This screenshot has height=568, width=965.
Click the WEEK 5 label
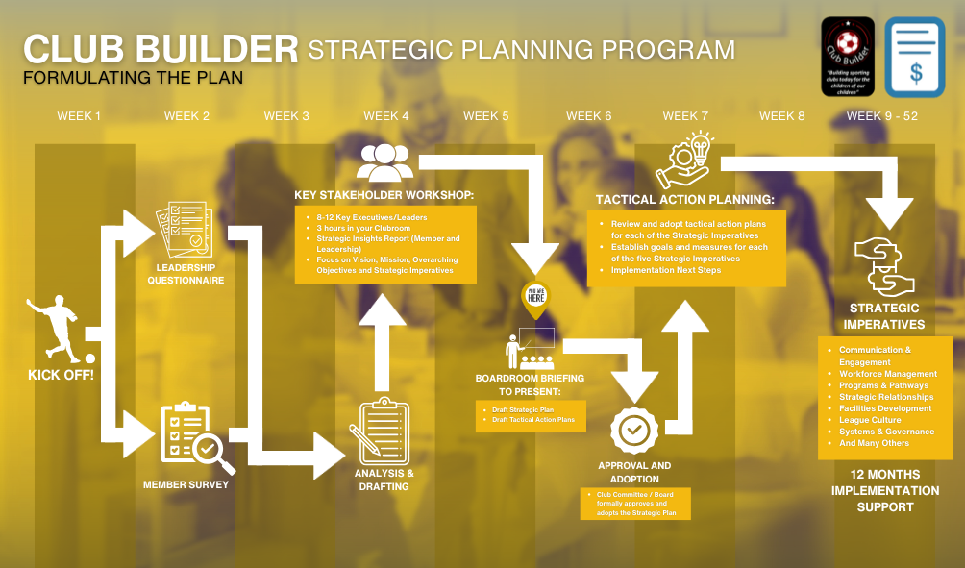[485, 116]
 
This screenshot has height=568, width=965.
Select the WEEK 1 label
[79, 116]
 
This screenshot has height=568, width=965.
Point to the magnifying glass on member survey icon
[212, 450]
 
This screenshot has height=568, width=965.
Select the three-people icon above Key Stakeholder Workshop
[384, 161]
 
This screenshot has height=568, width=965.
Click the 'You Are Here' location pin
[536, 298]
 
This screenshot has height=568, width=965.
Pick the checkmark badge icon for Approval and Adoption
[634, 432]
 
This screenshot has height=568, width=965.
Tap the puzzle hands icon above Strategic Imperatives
[880, 264]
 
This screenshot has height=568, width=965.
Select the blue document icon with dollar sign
[914, 57]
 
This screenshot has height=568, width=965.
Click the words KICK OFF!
[61, 374]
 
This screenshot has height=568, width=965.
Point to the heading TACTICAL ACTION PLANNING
[684, 200]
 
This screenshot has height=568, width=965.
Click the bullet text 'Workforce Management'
[887, 374]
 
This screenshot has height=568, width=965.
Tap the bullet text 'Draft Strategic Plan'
[523, 410]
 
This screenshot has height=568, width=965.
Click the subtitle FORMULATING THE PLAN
[134, 77]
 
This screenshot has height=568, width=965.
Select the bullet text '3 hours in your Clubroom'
[363, 229]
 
